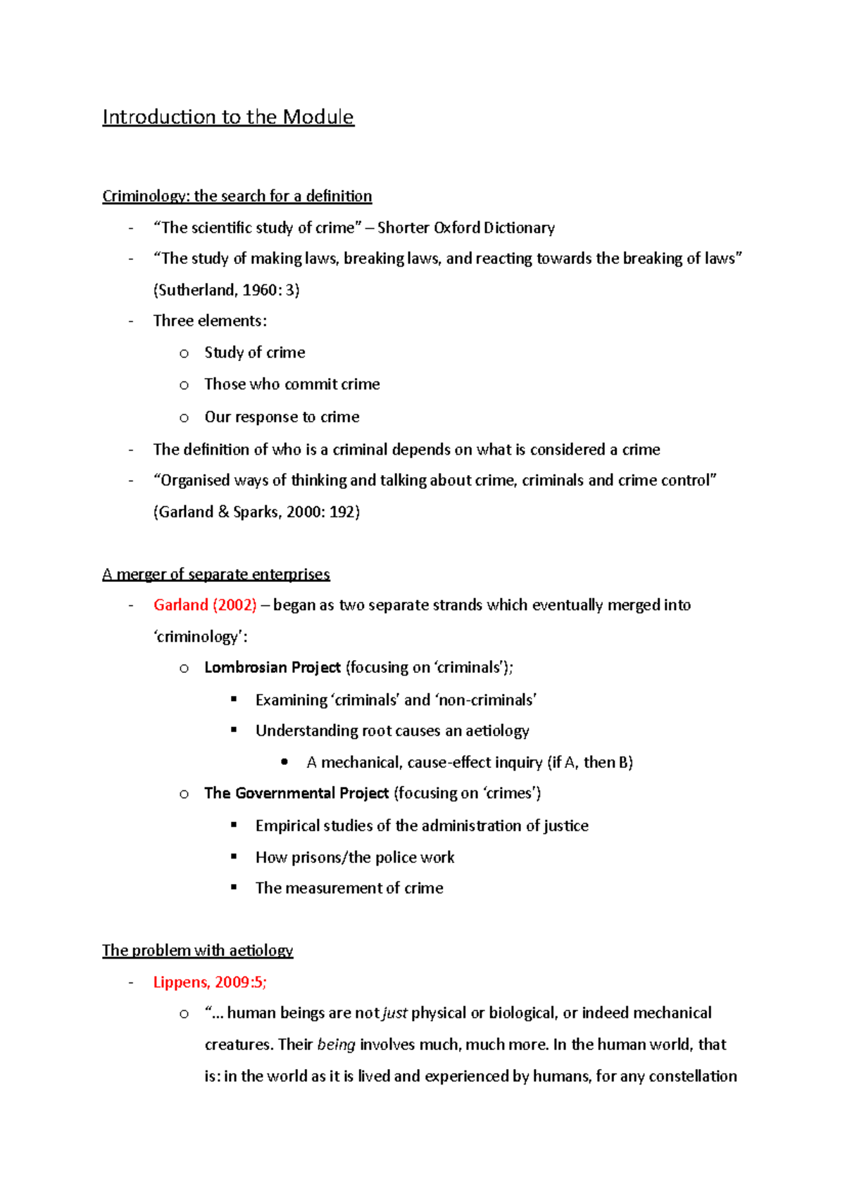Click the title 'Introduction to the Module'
[227, 117]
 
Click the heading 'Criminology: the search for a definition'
[237, 196]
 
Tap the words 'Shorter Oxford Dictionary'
[466, 228]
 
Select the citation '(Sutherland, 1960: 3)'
[226, 290]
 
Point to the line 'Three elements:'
[210, 321]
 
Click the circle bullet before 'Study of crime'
[184, 353]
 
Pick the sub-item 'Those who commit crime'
[292, 384]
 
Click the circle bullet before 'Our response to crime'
[184, 418]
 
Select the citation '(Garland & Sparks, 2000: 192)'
[256, 512]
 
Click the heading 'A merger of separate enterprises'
[215, 574]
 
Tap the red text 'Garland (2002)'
[205, 605]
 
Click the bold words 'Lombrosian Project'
[272, 667]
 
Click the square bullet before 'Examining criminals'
[234, 699]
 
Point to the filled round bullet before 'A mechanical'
[284, 761]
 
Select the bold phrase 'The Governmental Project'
[296, 793]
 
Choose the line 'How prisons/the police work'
[354, 857]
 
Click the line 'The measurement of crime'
[349, 888]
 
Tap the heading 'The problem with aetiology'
[197, 951]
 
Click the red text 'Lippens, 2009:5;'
[210, 982]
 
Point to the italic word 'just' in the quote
[395, 1013]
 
